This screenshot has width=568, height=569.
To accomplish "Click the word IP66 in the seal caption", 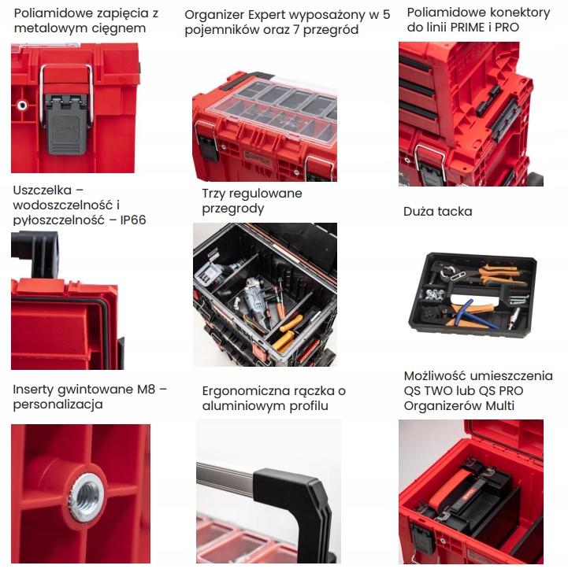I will pos(131,220).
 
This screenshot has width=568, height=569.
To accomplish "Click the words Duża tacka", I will pos(438,212).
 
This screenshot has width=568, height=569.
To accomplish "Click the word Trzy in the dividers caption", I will pos(215,194).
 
